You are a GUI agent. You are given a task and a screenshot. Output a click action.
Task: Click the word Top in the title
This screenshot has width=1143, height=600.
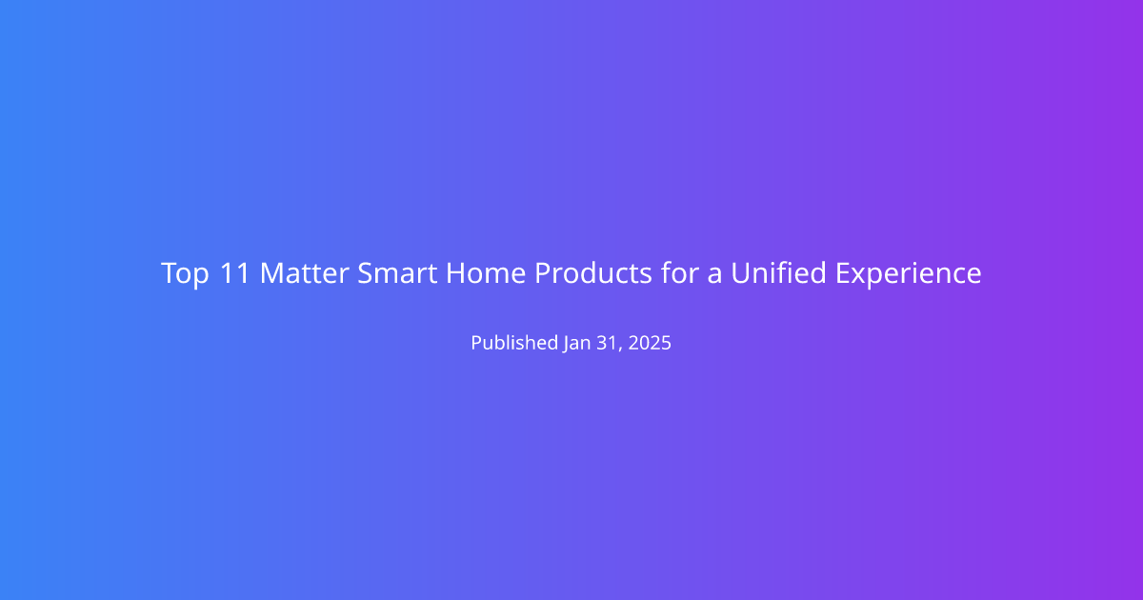pyautogui.click(x=185, y=274)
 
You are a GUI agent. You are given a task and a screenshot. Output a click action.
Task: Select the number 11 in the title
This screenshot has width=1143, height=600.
pyautogui.click(x=234, y=273)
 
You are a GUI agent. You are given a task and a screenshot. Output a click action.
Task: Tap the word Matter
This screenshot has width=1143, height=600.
pyautogui.click(x=305, y=273)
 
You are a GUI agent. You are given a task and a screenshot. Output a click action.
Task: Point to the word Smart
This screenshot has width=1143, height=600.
pyautogui.click(x=397, y=273)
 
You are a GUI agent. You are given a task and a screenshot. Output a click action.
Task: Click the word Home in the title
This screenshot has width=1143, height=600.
pyautogui.click(x=486, y=273)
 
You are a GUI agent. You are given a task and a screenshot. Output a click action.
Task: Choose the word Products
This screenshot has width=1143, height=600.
pyautogui.click(x=593, y=273)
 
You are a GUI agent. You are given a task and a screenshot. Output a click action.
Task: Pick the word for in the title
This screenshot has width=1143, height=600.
pyautogui.click(x=679, y=272)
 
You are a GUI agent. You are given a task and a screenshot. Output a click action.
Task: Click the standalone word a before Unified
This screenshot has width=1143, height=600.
pyautogui.click(x=714, y=275)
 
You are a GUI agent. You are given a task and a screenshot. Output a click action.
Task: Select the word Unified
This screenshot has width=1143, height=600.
pyautogui.click(x=779, y=272)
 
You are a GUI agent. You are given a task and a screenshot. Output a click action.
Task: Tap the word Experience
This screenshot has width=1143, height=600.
pyautogui.click(x=909, y=274)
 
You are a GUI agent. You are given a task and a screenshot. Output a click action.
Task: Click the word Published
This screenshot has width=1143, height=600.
pyautogui.click(x=514, y=342)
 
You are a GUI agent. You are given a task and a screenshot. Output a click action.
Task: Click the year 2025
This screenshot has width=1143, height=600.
pyautogui.click(x=650, y=343)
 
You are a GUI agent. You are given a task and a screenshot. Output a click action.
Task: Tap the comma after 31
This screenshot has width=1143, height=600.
pyautogui.click(x=620, y=350)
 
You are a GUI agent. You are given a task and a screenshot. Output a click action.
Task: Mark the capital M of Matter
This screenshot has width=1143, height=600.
pyautogui.click(x=273, y=273)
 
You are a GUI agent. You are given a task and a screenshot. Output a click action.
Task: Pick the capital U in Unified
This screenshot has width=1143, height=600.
pyautogui.click(x=741, y=273)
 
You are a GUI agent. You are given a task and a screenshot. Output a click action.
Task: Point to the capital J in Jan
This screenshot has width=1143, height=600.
pyautogui.click(x=567, y=344)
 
